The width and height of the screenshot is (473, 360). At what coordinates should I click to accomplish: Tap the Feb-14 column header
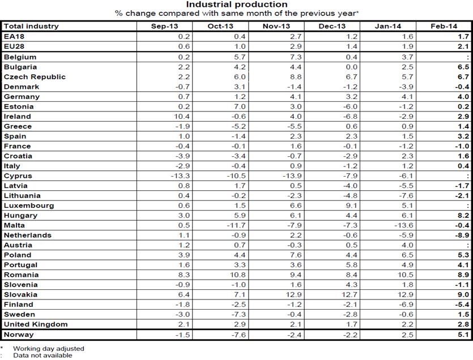coord(444,26)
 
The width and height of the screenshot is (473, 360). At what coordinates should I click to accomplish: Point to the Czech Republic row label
coord(35,77)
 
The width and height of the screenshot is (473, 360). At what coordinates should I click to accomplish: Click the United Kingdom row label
coord(36,324)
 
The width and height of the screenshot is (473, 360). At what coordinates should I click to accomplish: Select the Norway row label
coord(19,335)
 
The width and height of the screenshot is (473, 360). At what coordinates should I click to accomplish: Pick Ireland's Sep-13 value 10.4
coord(181,117)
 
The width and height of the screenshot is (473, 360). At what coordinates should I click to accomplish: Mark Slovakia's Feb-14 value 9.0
coord(464,295)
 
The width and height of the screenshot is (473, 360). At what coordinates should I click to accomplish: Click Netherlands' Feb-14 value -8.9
coord(462,235)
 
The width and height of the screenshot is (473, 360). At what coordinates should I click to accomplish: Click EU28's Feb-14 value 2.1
coord(464,46)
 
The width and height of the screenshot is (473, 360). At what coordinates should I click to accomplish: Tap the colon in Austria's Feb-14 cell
coord(468,245)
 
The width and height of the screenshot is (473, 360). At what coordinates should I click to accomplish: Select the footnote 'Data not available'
coord(43,355)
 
